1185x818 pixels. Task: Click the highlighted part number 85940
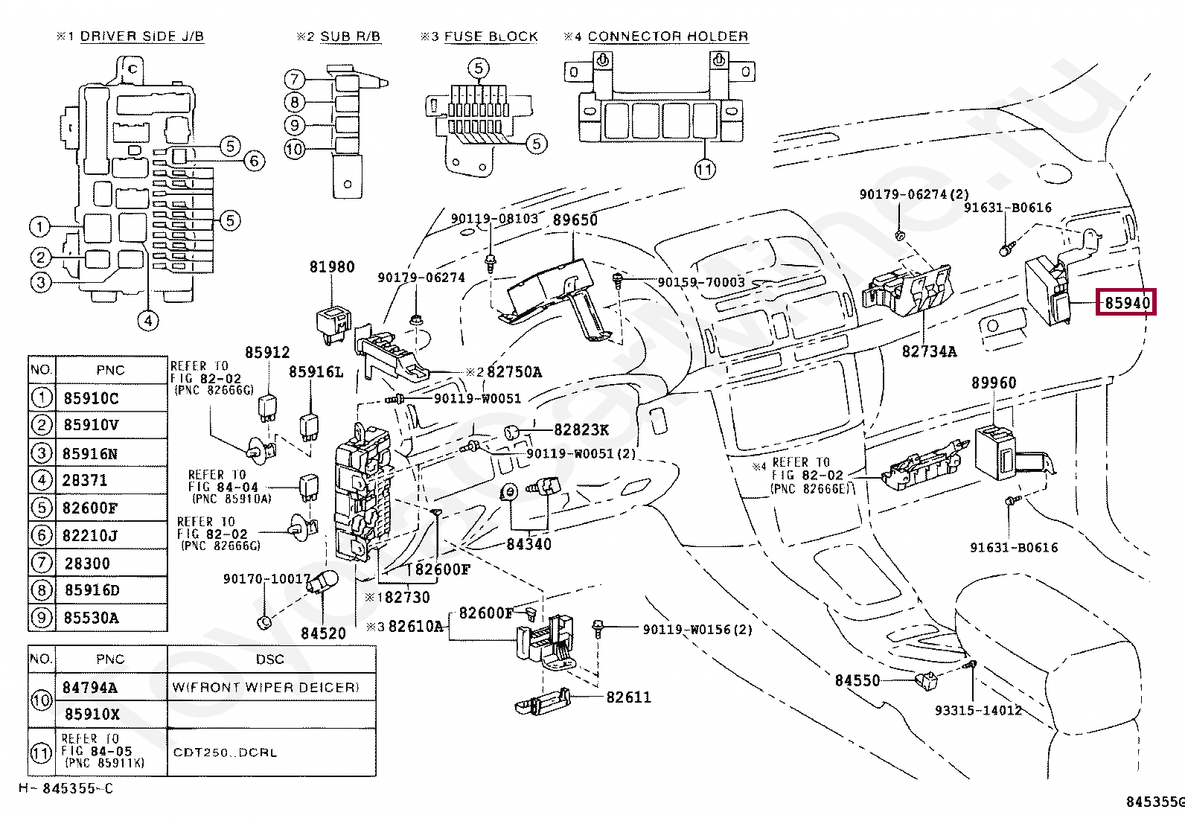(x=1127, y=303)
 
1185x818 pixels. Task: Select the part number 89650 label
(x=575, y=220)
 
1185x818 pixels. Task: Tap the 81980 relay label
(x=332, y=266)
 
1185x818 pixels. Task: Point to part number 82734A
(x=929, y=351)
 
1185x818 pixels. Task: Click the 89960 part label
(x=993, y=383)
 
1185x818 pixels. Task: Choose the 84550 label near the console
(x=857, y=680)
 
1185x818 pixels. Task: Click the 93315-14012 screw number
(x=977, y=710)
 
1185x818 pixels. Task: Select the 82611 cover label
(x=628, y=697)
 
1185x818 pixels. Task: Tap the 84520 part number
(x=323, y=633)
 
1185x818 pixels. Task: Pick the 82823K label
(x=581, y=429)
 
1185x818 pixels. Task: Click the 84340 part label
(x=528, y=544)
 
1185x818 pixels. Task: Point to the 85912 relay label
(x=267, y=352)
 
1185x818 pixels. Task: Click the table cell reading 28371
(x=85, y=481)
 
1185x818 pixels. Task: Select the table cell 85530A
(x=90, y=618)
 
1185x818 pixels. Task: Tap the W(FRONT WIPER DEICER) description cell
(x=265, y=687)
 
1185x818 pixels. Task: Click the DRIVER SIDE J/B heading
(x=141, y=36)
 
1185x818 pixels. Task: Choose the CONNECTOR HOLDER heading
(x=668, y=36)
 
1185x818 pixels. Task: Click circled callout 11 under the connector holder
(x=704, y=169)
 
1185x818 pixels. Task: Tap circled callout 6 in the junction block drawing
(x=254, y=160)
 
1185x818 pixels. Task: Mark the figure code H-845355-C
(x=67, y=788)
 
